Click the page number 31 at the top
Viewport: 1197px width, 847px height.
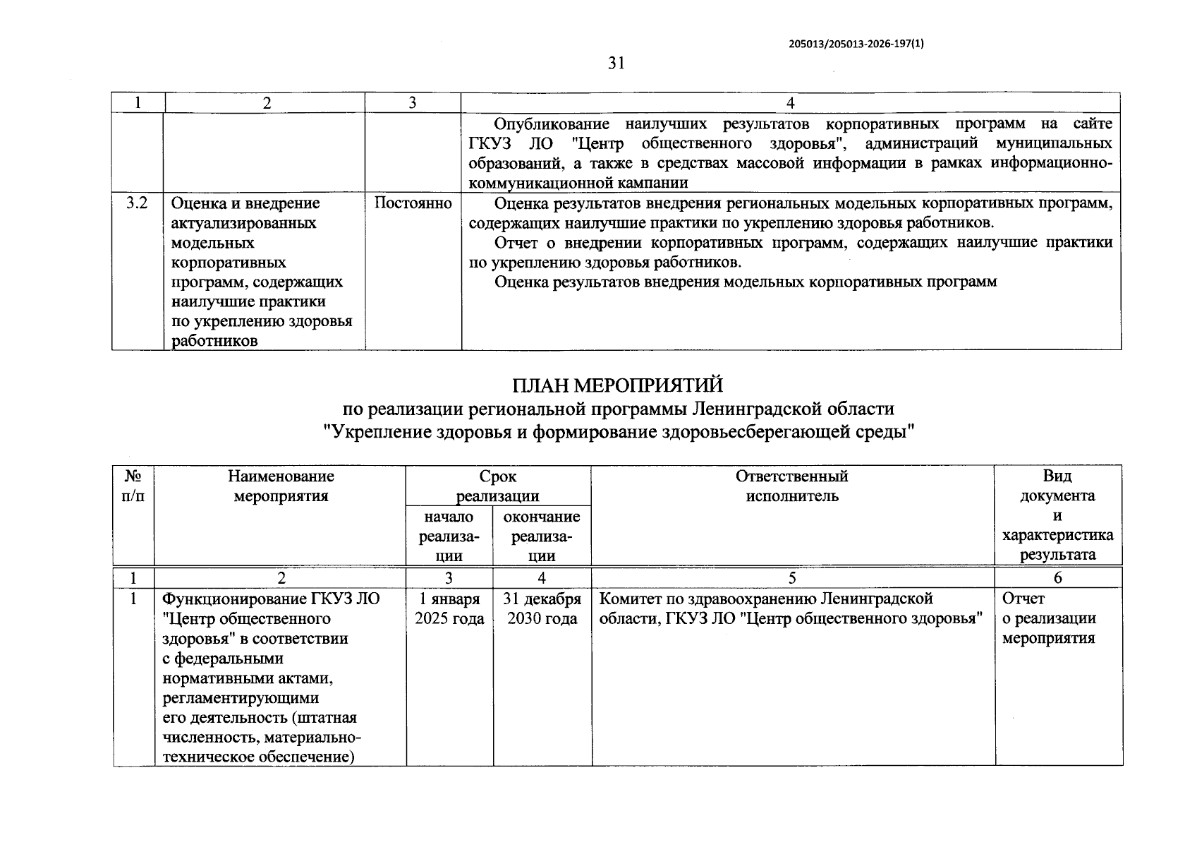616,64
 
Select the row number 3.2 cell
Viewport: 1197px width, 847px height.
137,203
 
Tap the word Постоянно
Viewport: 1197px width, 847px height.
413,203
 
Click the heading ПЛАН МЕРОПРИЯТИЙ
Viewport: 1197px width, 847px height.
617,385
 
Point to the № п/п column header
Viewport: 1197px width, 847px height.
133,486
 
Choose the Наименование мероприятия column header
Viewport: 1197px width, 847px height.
281,486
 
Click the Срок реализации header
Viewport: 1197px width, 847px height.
498,486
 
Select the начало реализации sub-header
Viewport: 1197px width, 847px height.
449,536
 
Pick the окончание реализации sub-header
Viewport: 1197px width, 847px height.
542,536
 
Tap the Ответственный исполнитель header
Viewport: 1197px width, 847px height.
792,486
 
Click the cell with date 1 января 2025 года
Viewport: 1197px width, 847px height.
449,608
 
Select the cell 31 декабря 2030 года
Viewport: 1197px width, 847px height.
542,608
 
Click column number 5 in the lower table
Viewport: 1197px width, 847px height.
792,577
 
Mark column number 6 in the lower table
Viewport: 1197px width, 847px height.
1057,577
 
